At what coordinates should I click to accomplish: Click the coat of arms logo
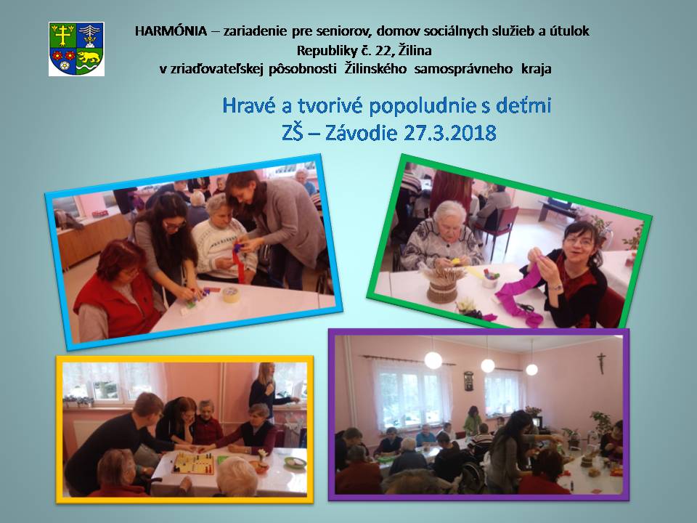pyautogui.click(x=76, y=49)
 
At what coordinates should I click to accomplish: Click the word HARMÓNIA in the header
pyautogui.click(x=171, y=31)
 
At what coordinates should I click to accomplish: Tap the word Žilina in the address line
pyautogui.click(x=415, y=50)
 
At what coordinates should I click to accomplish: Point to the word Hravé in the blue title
pyautogui.click(x=249, y=106)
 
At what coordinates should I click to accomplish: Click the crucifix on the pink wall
pyautogui.click(x=601, y=362)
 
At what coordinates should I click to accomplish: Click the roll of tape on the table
pyautogui.click(x=230, y=294)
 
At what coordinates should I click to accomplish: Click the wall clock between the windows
pyautogui.click(x=468, y=381)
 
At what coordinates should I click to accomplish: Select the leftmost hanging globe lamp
pyautogui.click(x=433, y=360)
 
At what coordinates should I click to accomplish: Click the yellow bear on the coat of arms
pyautogui.click(x=89, y=57)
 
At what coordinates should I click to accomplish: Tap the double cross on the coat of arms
pyautogui.click(x=63, y=35)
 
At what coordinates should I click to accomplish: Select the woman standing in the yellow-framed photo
pyautogui.click(x=266, y=392)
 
